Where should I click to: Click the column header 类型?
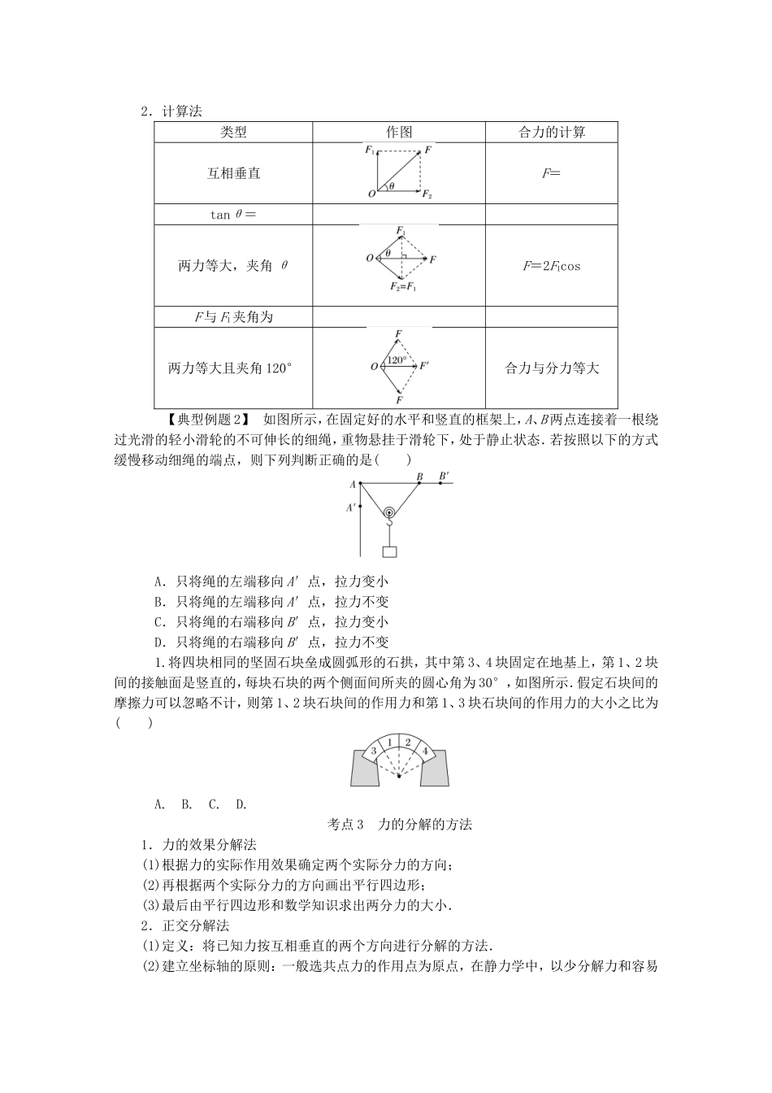(x=233, y=133)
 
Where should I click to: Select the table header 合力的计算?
(x=552, y=133)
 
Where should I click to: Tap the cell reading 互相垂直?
(x=233, y=173)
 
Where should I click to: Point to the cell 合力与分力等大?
(x=552, y=368)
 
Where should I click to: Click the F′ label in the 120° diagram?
(x=423, y=367)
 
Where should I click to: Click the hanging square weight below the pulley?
(x=390, y=551)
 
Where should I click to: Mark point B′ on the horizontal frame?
(x=440, y=483)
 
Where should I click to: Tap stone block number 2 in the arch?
(x=408, y=742)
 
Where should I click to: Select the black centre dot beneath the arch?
(x=399, y=777)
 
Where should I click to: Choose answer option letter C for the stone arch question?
(x=214, y=804)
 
